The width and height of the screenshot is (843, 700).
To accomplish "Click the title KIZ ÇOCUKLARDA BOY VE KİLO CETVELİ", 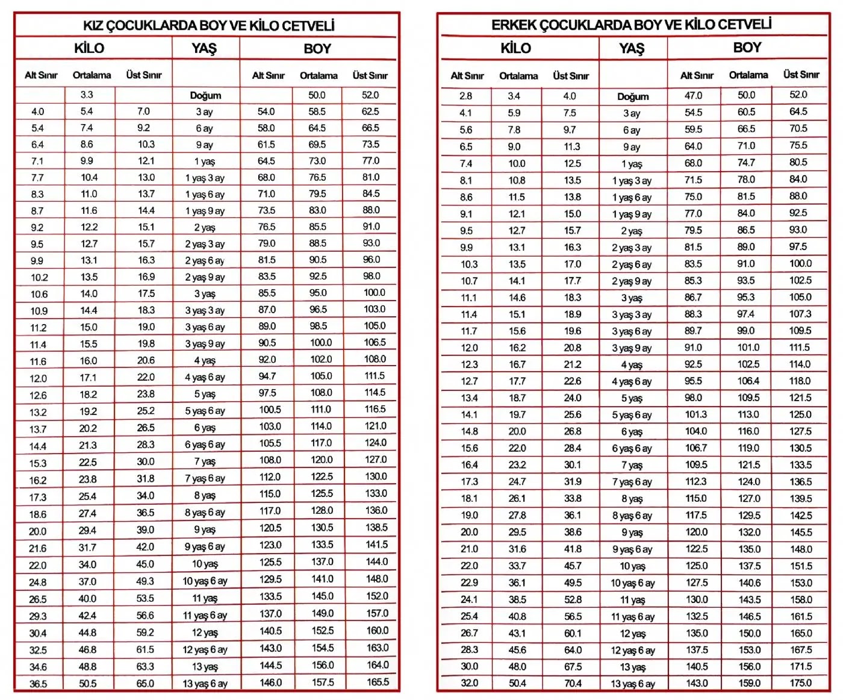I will click(208, 25).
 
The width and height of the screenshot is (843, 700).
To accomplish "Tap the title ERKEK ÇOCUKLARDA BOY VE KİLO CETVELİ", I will click(631, 25).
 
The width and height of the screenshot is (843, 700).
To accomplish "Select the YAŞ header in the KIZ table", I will click(204, 48).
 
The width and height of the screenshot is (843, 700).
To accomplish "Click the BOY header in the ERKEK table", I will click(747, 48).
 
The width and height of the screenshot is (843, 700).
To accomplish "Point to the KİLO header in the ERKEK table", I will click(516, 48).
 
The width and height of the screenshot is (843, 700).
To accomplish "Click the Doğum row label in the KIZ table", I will click(205, 95).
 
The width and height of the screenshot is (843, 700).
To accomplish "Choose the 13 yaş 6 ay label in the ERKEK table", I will click(632, 684).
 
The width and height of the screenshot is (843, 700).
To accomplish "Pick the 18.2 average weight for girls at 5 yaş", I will click(88, 394).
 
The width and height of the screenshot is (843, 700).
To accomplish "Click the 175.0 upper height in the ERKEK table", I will click(800, 683).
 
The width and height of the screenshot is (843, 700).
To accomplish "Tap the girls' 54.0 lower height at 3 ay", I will click(266, 111).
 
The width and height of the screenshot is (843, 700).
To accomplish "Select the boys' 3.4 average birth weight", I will click(514, 96).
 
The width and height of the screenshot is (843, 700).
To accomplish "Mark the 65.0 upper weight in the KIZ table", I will click(145, 684).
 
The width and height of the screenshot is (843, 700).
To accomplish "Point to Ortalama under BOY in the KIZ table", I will click(319, 76).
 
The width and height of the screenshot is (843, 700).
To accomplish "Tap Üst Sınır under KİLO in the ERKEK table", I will click(571, 76).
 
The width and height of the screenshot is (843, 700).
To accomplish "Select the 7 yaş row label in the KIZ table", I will click(205, 461).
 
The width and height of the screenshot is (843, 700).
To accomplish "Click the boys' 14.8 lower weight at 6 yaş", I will click(469, 431).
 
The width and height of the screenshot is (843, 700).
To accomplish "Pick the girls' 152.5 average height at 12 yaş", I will click(323, 631).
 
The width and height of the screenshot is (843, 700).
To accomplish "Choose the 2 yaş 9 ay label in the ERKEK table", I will click(632, 281).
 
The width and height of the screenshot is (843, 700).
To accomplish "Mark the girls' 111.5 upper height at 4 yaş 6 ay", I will click(375, 376).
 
